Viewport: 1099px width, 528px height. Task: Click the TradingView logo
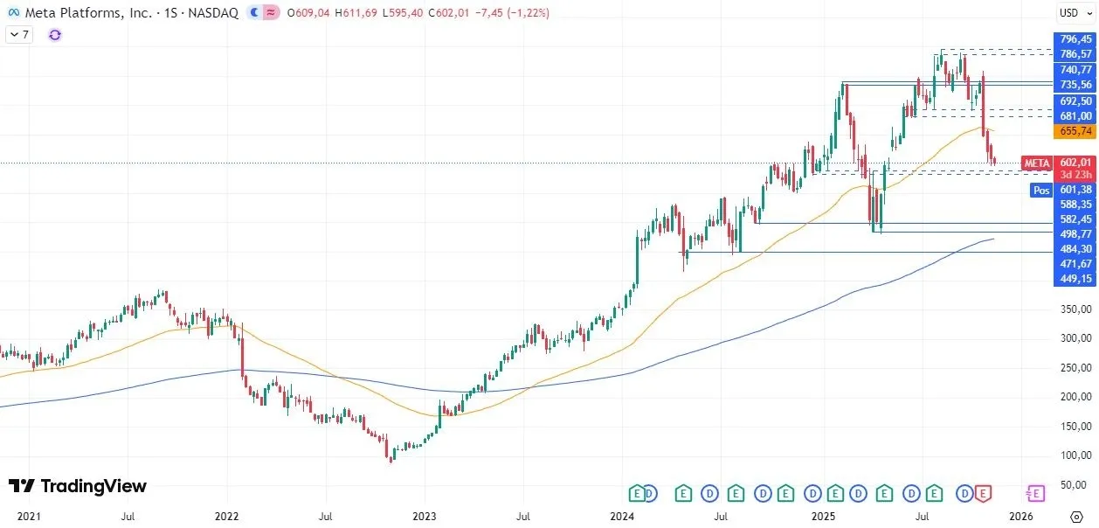(x=77, y=486)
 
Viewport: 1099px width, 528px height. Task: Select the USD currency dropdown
(x=1071, y=12)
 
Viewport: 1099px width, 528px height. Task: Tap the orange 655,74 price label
(x=1075, y=131)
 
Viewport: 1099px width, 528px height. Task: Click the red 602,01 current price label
(x=1075, y=162)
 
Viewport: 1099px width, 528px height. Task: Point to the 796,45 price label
(x=1075, y=39)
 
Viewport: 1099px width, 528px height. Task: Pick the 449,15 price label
(x=1075, y=279)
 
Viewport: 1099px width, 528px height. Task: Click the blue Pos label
(x=1040, y=190)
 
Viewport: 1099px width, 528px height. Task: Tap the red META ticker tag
(x=1037, y=163)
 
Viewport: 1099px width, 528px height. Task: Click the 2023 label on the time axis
(x=424, y=518)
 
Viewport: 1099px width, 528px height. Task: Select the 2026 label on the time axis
(x=1020, y=518)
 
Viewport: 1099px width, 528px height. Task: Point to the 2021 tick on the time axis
(x=29, y=518)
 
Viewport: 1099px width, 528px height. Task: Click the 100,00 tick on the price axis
(x=1075, y=455)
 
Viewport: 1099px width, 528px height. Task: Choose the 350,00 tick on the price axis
(x=1075, y=309)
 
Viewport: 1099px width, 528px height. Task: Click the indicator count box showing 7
(x=18, y=34)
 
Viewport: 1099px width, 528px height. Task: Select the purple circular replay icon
(x=55, y=34)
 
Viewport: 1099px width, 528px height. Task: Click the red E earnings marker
(x=984, y=494)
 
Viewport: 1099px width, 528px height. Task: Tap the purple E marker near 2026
(x=1036, y=494)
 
